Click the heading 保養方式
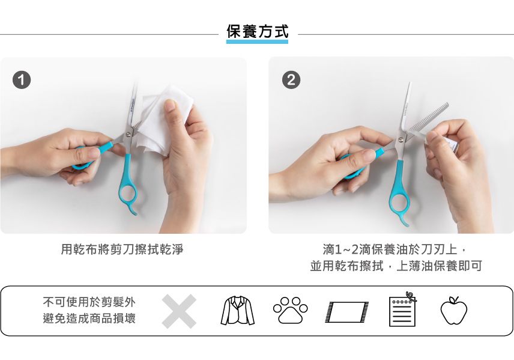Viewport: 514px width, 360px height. pyautogui.click(x=257, y=31)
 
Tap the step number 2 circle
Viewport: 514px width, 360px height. pyautogui.click(x=291, y=80)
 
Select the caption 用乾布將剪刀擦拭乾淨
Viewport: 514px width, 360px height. pyautogui.click(x=122, y=249)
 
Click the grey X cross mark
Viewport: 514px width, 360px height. pyautogui.click(x=179, y=311)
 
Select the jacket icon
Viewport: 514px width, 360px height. pyautogui.click(x=237, y=311)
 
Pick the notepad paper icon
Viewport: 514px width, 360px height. pyautogui.click(x=402, y=310)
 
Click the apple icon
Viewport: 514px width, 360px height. pyautogui.click(x=453, y=310)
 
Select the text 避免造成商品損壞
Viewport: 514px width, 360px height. pyautogui.click(x=89, y=319)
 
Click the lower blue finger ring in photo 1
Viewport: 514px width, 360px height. pyautogui.click(x=127, y=195)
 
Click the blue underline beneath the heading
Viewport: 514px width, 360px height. pyautogui.click(x=257, y=41)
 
